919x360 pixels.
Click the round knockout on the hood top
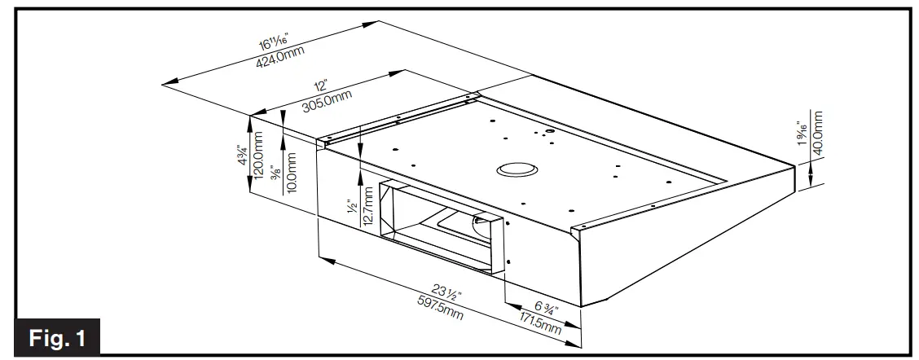pyautogui.click(x=517, y=169)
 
